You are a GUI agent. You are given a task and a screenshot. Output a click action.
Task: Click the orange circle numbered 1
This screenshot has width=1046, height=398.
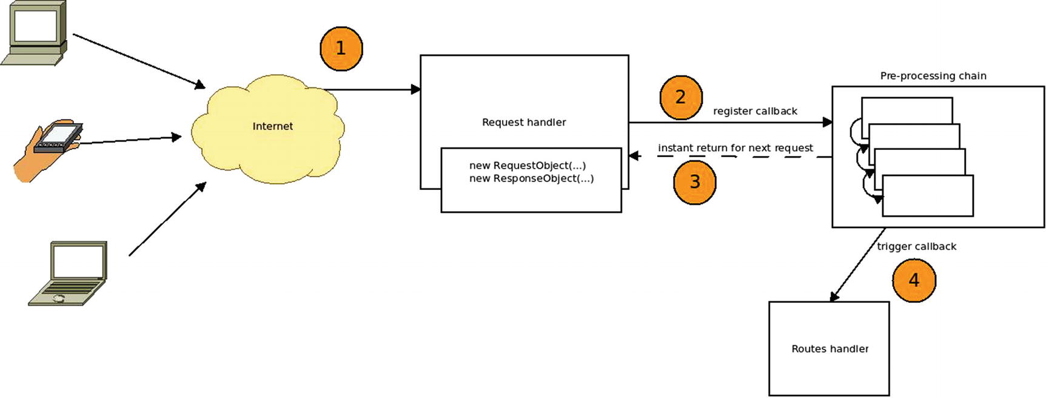click(x=341, y=49)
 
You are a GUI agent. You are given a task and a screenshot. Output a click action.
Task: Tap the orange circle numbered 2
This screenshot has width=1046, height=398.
click(x=680, y=97)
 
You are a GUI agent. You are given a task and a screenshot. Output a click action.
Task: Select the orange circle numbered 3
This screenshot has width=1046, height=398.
click(x=695, y=182)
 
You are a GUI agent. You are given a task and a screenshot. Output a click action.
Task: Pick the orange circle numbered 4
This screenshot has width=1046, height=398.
click(x=914, y=280)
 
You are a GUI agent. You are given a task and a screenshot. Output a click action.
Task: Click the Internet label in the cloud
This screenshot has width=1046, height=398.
click(x=272, y=126)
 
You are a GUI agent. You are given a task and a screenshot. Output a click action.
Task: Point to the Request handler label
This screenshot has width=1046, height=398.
click(x=524, y=123)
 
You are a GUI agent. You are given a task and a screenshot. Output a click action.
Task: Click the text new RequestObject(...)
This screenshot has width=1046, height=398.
click(x=527, y=166)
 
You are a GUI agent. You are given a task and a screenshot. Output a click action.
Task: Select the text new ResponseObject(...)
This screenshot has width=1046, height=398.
click(x=531, y=178)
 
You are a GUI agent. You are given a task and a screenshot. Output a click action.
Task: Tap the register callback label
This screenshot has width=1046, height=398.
click(x=755, y=111)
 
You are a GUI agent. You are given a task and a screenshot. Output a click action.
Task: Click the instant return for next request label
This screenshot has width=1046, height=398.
click(x=735, y=148)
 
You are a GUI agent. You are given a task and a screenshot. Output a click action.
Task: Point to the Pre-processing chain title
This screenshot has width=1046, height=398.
click(x=933, y=76)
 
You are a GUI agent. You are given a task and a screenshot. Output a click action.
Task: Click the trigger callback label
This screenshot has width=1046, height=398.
click(x=916, y=246)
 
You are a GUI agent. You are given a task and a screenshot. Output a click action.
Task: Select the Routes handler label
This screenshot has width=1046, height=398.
click(x=830, y=349)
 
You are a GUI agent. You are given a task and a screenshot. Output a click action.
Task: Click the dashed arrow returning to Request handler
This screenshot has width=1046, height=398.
click(x=728, y=157)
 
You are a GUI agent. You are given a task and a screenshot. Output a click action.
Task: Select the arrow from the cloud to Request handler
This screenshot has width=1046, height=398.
click(x=373, y=90)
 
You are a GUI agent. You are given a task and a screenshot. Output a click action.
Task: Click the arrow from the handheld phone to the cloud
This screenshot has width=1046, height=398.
click(x=130, y=141)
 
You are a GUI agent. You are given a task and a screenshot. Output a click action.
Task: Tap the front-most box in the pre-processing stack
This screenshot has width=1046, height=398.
click(x=928, y=195)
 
